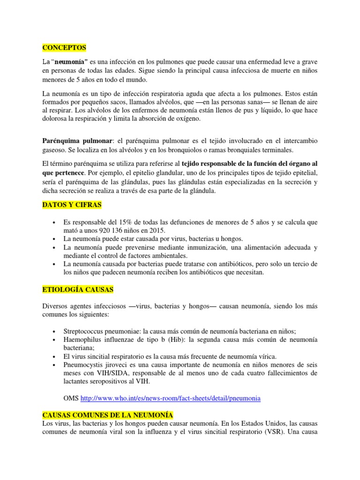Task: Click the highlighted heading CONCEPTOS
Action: (x=64, y=47)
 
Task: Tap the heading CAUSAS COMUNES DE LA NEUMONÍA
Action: (x=108, y=415)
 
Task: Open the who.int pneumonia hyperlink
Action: (x=171, y=398)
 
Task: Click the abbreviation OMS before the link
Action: (x=71, y=398)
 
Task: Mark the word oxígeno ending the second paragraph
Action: (x=186, y=119)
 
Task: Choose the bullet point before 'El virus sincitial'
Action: (x=56, y=356)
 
